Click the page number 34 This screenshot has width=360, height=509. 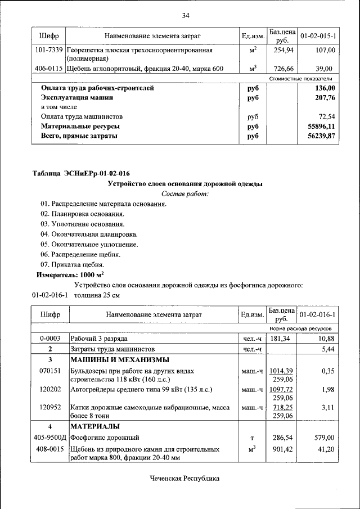point(185,15)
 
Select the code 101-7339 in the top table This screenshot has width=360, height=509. point(48,51)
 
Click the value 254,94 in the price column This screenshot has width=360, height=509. point(281,51)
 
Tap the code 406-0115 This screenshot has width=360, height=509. point(48,69)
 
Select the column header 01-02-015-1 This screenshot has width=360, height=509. point(318,36)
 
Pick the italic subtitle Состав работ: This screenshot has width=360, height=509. point(184,193)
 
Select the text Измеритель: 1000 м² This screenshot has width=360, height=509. point(70,275)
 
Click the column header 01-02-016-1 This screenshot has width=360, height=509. point(318,314)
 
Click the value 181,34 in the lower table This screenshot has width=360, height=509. point(281,339)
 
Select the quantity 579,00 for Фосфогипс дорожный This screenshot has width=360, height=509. point(325,437)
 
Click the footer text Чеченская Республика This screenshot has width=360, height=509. point(184,478)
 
